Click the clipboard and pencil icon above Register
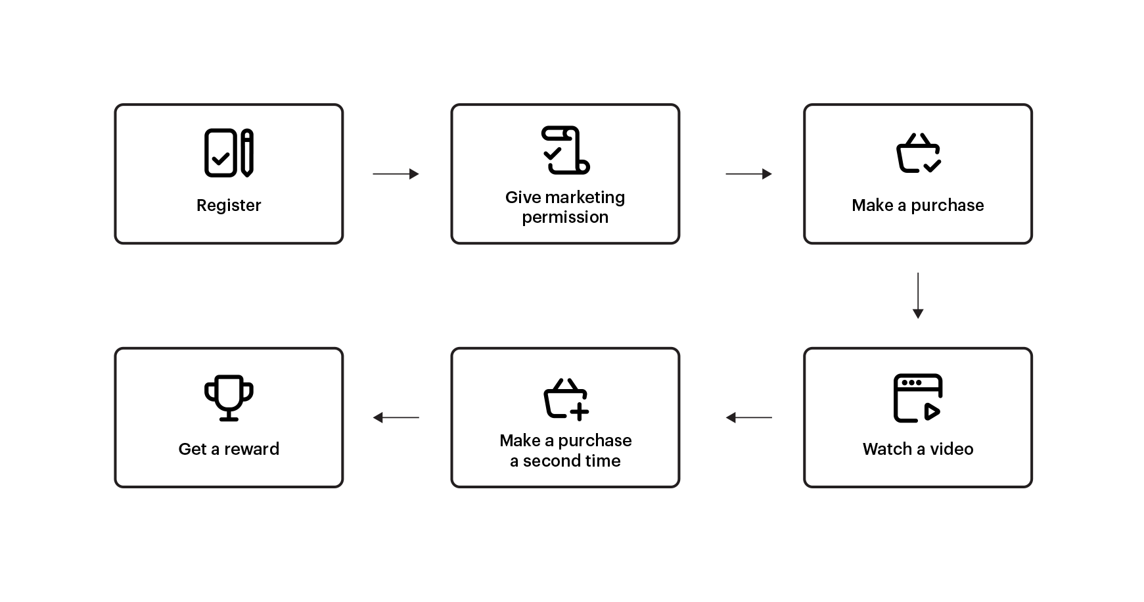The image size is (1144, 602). [229, 152]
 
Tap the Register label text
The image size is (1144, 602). [229, 205]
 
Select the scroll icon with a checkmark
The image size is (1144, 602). [565, 150]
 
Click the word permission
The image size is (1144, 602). [565, 218]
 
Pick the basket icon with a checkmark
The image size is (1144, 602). [918, 154]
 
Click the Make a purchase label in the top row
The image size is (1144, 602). [917, 205]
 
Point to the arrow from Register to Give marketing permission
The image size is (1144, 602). [396, 174]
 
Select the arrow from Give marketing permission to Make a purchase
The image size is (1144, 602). [748, 174]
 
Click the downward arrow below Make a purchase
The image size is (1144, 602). [918, 296]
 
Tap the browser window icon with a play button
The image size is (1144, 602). [918, 398]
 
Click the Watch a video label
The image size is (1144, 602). [917, 449]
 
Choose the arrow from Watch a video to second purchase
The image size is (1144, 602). [748, 417]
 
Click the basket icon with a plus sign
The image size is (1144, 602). [565, 398]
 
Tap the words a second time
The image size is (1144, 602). [565, 461]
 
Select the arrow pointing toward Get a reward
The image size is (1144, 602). [396, 417]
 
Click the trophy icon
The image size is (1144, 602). [229, 398]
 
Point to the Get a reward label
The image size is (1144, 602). [229, 449]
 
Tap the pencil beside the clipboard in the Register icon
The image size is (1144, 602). [247, 153]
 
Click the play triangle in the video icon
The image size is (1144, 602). [931, 411]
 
